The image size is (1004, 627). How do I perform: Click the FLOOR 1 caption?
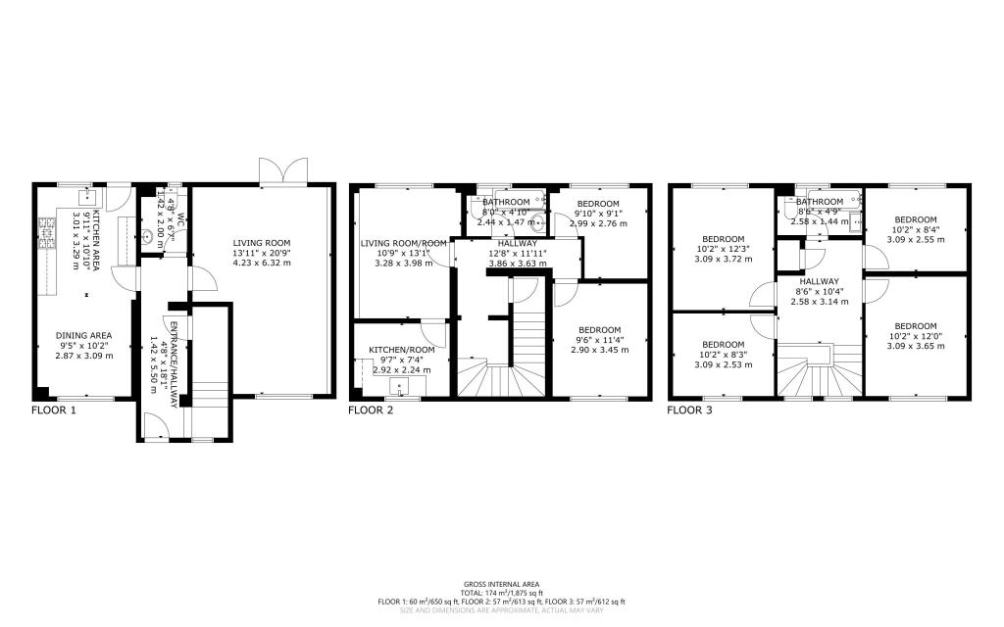click(x=54, y=410)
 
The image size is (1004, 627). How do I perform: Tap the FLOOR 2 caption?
click(x=372, y=410)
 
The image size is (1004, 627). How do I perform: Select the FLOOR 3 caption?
click(x=689, y=410)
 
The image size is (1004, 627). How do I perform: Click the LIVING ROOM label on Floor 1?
click(x=262, y=243)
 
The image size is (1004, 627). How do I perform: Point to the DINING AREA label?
click(x=84, y=334)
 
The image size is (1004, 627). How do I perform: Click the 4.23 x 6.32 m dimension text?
click(x=262, y=264)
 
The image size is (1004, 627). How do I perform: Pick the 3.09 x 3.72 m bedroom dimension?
click(x=724, y=259)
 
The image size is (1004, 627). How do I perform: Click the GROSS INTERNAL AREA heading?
click(x=501, y=585)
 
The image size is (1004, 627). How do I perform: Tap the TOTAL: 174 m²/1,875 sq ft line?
click(x=501, y=594)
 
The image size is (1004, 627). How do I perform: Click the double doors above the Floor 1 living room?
click(x=282, y=171)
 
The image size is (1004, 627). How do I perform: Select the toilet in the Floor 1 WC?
click(x=147, y=235)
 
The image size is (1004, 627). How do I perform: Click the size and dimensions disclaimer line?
click(x=501, y=610)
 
